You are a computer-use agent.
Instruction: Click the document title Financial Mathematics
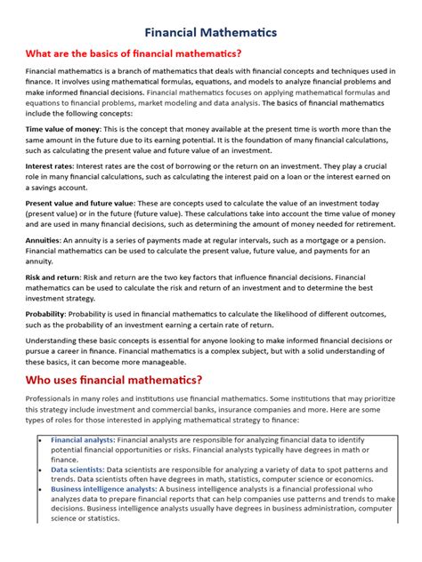pos(211,33)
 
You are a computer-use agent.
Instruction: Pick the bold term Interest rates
pos(48,165)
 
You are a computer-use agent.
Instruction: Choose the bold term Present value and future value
pos(79,203)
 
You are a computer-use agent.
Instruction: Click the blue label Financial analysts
pos(82,439)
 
